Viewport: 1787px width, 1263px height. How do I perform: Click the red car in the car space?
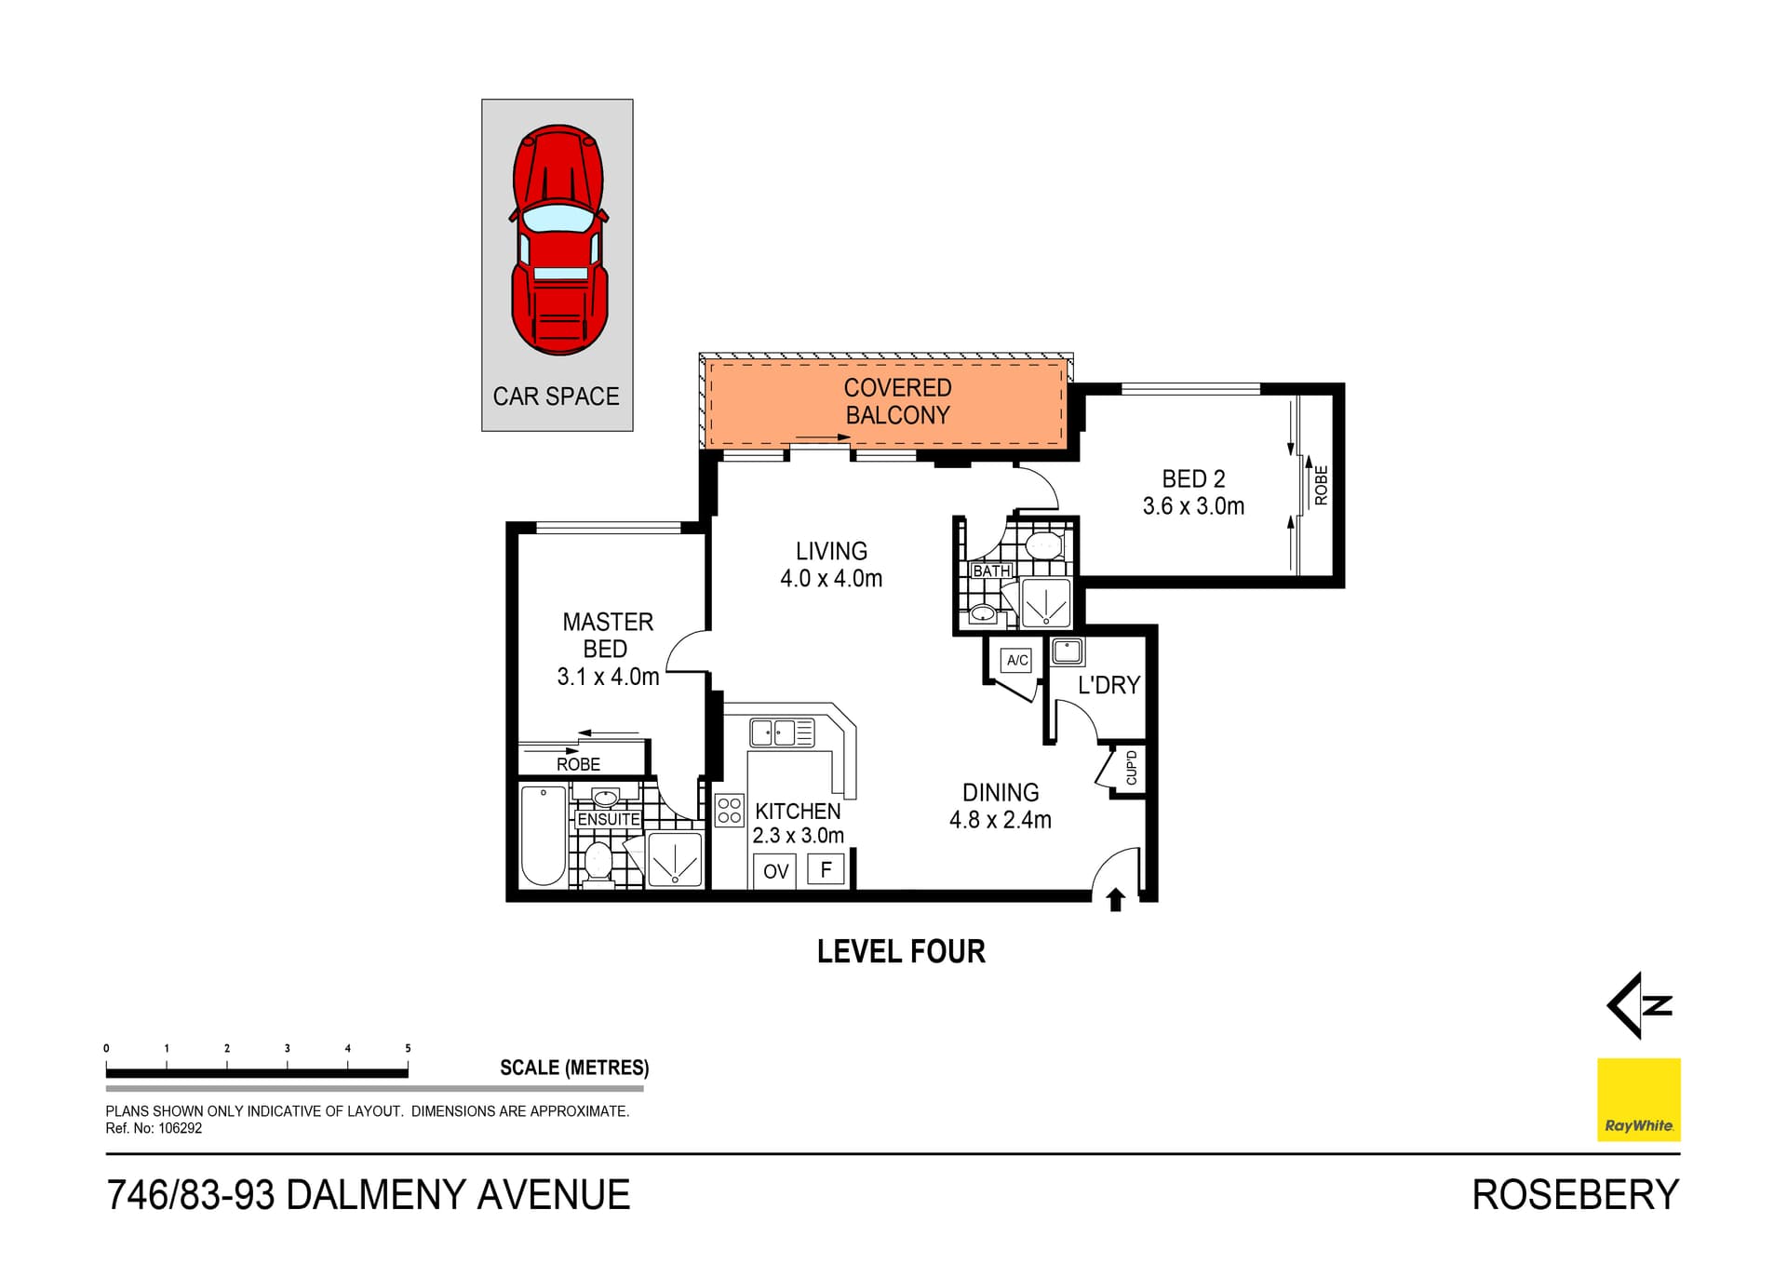tap(558, 240)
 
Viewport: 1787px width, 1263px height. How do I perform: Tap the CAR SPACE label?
tap(556, 396)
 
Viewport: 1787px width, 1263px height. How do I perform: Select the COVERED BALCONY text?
tap(897, 401)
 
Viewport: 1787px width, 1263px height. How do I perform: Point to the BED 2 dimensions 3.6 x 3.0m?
tap(1193, 506)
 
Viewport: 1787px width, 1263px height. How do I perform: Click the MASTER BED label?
tap(607, 635)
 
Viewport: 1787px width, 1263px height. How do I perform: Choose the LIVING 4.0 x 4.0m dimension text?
tap(831, 578)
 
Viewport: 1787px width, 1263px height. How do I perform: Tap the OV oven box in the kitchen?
tap(775, 871)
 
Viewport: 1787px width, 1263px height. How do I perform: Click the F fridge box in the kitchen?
tap(826, 869)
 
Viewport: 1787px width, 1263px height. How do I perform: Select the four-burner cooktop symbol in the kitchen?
tap(730, 811)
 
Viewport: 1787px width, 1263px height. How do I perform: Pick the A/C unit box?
tap(1017, 660)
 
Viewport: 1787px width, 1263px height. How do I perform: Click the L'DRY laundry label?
tap(1108, 685)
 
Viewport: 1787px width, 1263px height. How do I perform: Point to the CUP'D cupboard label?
tap(1131, 768)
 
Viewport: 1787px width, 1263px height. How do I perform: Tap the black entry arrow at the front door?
tap(1116, 899)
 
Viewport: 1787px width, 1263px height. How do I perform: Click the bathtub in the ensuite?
tap(543, 835)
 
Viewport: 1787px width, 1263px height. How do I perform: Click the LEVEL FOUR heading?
tap(901, 951)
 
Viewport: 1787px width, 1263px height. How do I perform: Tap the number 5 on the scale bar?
tap(408, 1048)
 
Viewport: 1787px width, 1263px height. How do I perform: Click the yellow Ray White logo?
tap(1638, 1099)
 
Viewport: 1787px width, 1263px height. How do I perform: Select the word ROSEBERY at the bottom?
tap(1575, 1195)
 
